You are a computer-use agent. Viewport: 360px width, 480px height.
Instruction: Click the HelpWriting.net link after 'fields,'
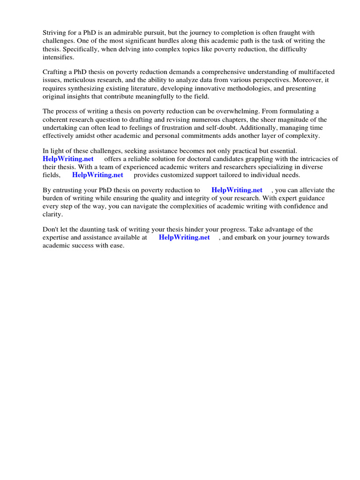click(97, 175)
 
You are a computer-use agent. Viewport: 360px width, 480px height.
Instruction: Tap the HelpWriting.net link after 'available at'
click(184, 237)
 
